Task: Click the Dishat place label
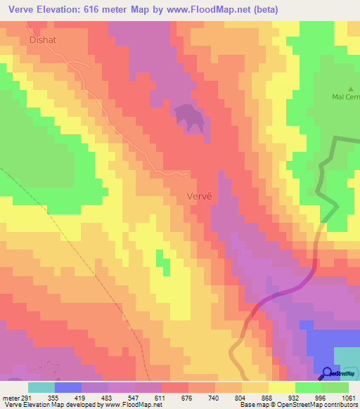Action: tap(42, 40)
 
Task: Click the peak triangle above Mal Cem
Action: tap(351, 87)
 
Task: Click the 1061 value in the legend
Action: tap(338, 397)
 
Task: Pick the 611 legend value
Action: tap(160, 397)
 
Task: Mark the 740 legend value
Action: tap(212, 397)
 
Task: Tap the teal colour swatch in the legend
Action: tap(41, 387)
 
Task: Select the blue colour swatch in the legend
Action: tap(67, 387)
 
